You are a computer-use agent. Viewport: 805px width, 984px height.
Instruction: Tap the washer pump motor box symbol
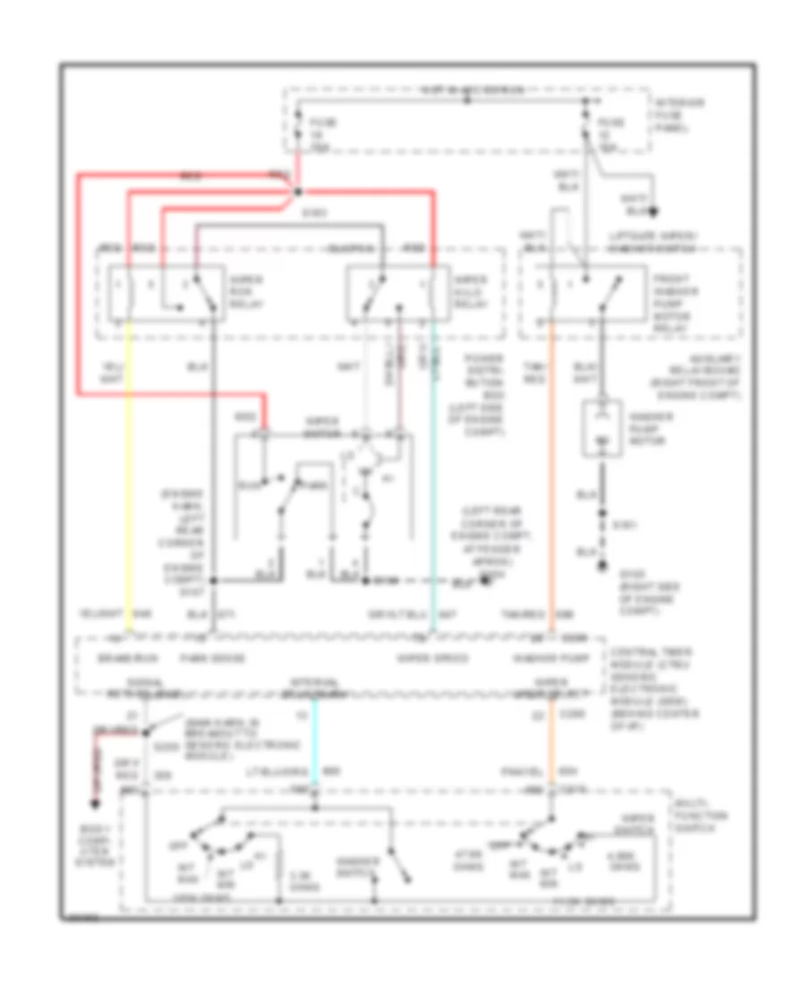[x=600, y=430]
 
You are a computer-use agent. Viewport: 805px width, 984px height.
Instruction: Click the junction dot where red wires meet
[x=298, y=191]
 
